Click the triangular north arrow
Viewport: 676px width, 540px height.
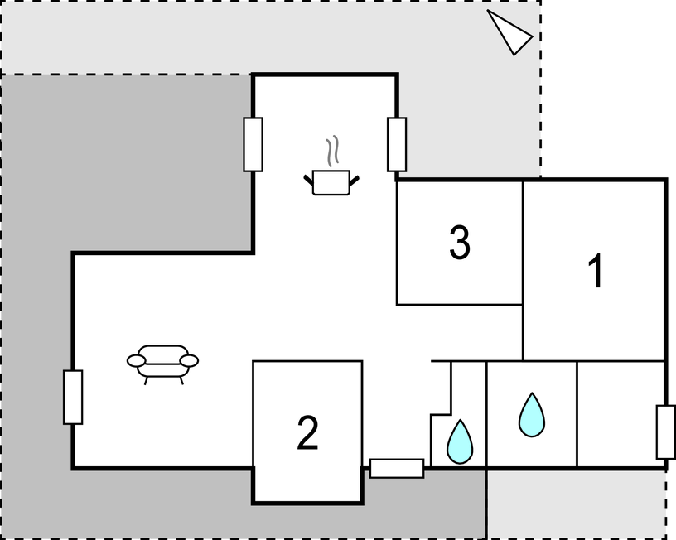pyautogui.click(x=511, y=34)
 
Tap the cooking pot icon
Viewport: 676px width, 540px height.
pyautogui.click(x=331, y=183)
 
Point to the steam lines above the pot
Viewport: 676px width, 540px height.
pyautogui.click(x=331, y=152)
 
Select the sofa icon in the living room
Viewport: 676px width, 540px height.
pyautogui.click(x=162, y=364)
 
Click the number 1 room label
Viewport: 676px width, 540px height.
pyautogui.click(x=596, y=271)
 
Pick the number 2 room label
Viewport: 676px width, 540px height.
pyautogui.click(x=308, y=433)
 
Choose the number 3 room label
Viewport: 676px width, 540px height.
pyautogui.click(x=460, y=243)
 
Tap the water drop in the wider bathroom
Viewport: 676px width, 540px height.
pyautogui.click(x=532, y=415)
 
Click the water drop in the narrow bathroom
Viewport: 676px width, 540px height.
pyautogui.click(x=460, y=441)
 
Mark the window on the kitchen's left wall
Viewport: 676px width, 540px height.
pyautogui.click(x=253, y=144)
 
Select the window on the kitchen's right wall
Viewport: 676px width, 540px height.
pyautogui.click(x=397, y=144)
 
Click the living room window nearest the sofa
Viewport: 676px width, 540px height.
pyautogui.click(x=73, y=397)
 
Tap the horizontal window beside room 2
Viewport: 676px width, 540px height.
pyautogui.click(x=397, y=469)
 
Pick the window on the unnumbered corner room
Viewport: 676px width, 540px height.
pyautogui.click(x=666, y=432)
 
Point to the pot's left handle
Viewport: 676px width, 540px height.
pyautogui.click(x=309, y=181)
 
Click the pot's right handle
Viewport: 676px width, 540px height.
pyautogui.click(x=354, y=181)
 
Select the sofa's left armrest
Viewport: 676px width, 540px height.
pyautogui.click(x=136, y=361)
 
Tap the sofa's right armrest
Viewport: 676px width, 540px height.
pyautogui.click(x=189, y=361)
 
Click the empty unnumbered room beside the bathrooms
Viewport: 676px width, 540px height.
pyautogui.click(x=620, y=414)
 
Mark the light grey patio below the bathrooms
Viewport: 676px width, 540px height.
pyautogui.click(x=576, y=504)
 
